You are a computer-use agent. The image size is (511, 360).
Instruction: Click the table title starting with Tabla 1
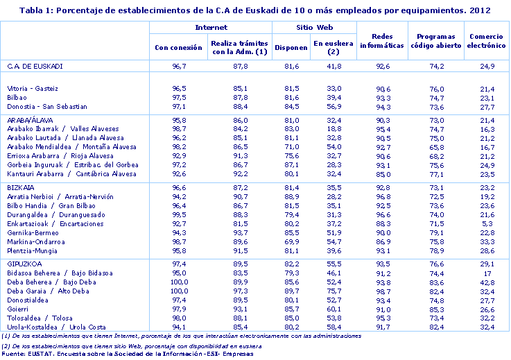tap(255, 10)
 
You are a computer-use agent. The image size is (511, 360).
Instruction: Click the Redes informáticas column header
tap(382, 40)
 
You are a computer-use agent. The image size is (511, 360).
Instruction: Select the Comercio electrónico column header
tap(486, 40)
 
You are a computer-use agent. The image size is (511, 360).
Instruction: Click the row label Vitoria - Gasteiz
tap(33, 89)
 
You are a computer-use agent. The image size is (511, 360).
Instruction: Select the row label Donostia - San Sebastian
tap(46, 107)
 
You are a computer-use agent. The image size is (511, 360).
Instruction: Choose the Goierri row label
tap(17, 308)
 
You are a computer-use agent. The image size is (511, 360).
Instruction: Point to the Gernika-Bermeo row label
tap(33, 232)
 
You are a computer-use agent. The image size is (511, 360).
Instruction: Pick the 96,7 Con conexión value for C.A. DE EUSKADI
tap(179, 66)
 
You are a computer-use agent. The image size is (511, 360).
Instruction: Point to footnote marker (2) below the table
tap(6, 345)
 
